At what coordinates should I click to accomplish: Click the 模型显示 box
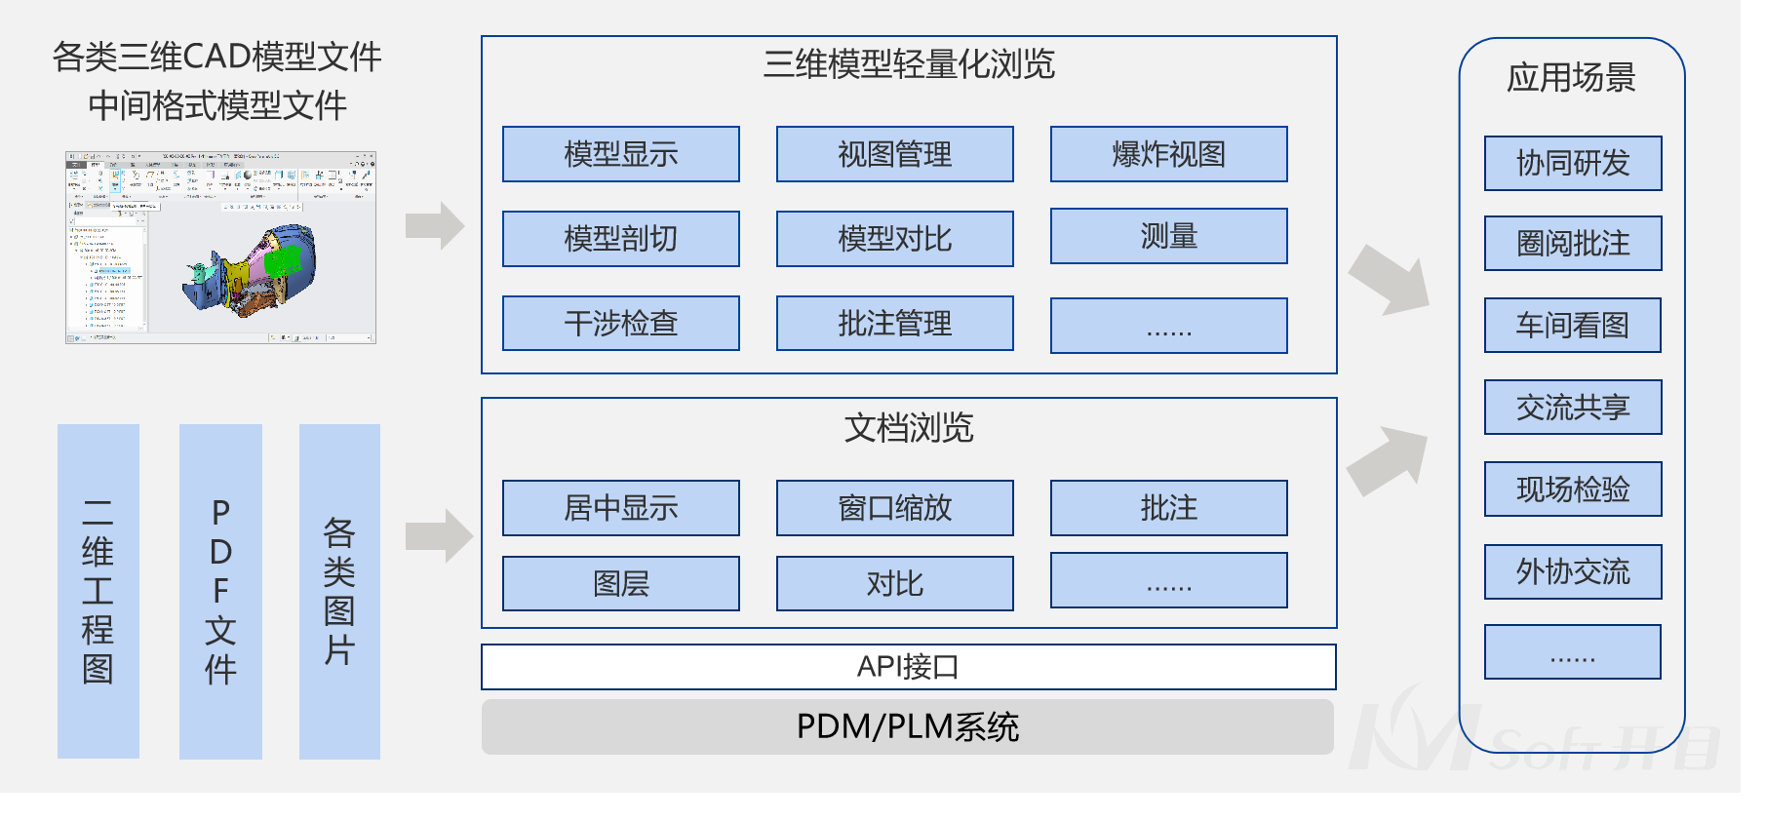pos(620,154)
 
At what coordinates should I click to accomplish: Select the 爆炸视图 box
pos(1168,154)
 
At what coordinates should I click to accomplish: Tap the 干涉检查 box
pos(620,323)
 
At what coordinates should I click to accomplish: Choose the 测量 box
pos(1168,236)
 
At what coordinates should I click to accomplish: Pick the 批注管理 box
pos(894,323)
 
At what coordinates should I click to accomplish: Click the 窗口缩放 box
pos(894,507)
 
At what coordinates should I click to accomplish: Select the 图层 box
pos(620,583)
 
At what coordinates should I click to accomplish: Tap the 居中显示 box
pos(620,507)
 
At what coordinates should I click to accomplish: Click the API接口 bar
pos(908,667)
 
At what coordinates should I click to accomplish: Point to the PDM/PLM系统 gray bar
pos(908,726)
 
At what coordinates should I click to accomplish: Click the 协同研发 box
pos(1572,163)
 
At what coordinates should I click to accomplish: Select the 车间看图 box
pos(1572,325)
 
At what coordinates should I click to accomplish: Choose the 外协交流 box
pos(1572,571)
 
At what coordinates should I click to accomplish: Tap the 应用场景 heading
pos(1571,77)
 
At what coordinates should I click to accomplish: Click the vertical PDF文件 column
pos(220,591)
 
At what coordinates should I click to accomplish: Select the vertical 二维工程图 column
pos(98,591)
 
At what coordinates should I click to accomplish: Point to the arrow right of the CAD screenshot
pos(435,226)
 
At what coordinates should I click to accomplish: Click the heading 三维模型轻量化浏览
pos(908,64)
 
